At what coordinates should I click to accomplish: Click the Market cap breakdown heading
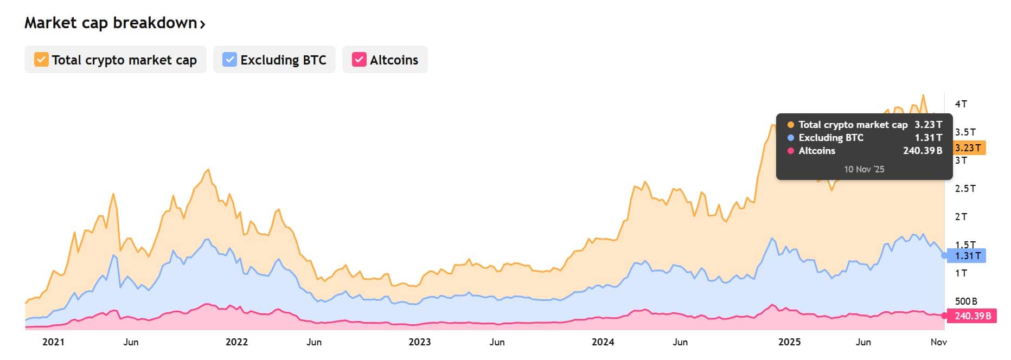tap(111, 23)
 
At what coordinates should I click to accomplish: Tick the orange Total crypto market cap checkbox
tap(41, 60)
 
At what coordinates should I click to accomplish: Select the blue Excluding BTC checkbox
tap(230, 60)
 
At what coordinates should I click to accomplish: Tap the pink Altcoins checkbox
tap(359, 60)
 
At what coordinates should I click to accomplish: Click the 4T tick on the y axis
tap(961, 104)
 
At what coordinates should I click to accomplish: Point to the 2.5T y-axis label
tap(965, 188)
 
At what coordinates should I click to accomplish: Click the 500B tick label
tap(965, 301)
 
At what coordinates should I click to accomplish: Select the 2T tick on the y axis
tap(961, 216)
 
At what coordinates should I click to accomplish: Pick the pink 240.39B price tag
tap(972, 316)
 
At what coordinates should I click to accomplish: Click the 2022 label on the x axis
tap(236, 342)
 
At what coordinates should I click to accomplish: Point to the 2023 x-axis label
tap(419, 342)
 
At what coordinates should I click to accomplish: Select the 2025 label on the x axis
tap(789, 342)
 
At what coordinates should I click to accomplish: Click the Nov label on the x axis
tap(938, 342)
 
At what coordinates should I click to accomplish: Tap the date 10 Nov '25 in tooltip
tap(864, 169)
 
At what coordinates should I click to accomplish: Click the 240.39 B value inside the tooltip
tap(922, 151)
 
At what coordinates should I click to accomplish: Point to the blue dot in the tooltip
tap(791, 138)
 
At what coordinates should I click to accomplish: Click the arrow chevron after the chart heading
tap(202, 24)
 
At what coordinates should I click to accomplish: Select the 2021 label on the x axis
tap(53, 342)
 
